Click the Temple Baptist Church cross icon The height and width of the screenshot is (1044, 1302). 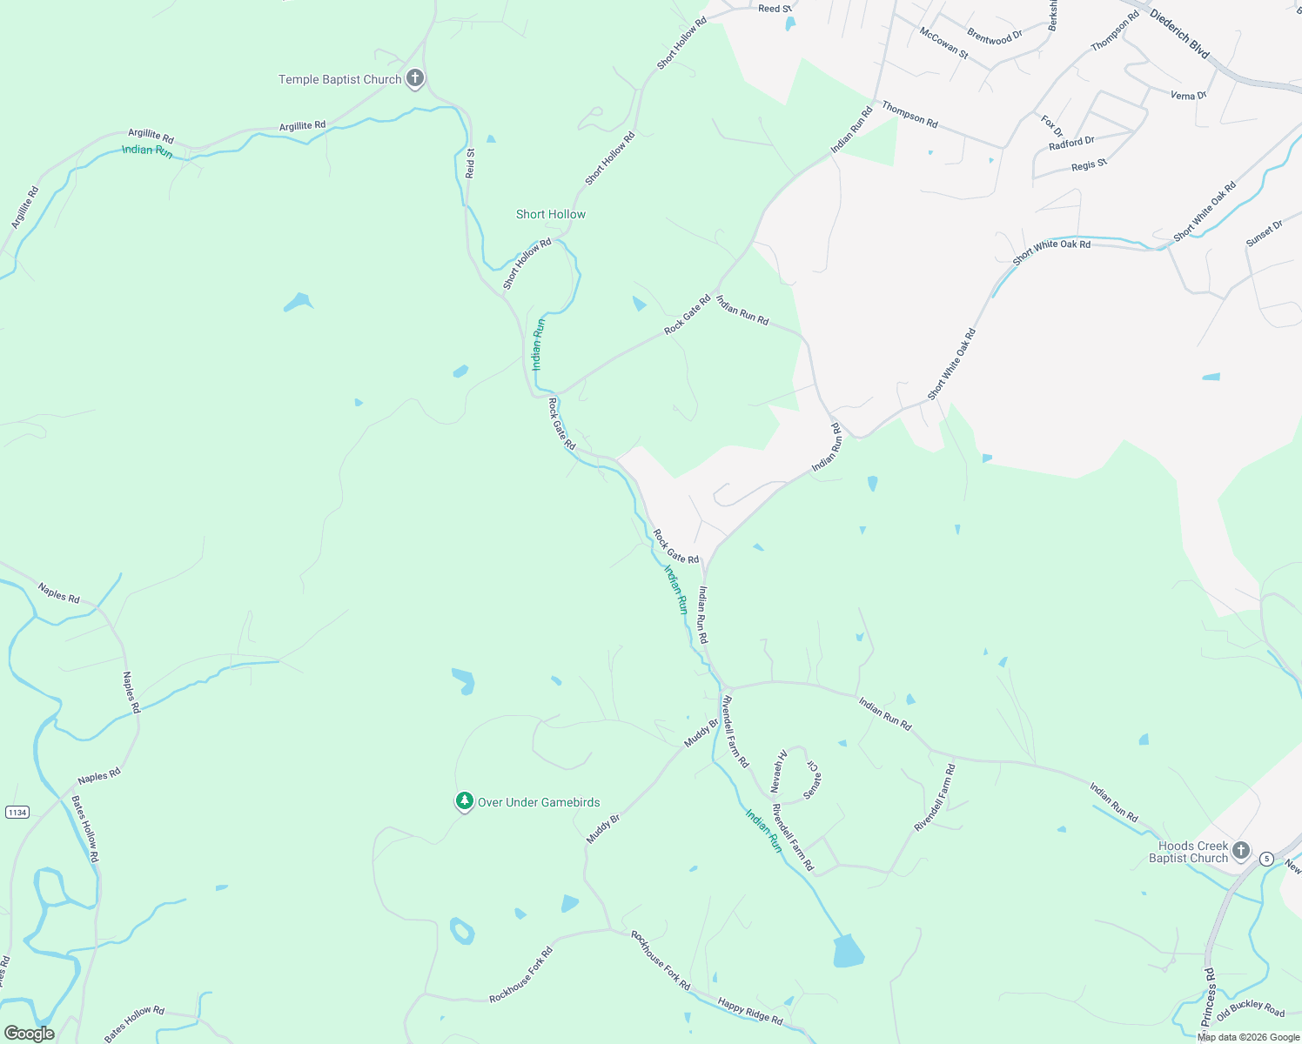click(415, 78)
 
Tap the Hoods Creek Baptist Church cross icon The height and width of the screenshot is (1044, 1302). click(1241, 850)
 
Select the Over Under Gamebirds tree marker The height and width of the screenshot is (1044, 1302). click(465, 801)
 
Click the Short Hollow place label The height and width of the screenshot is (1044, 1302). click(550, 214)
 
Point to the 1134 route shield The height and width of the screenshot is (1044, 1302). click(17, 812)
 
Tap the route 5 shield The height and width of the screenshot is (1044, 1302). click(1266, 859)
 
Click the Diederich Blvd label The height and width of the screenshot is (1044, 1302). click(1180, 34)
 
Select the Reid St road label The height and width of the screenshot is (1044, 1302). click(470, 164)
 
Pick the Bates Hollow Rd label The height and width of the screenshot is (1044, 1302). click(85, 829)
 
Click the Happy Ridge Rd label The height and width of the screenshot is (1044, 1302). click(750, 1011)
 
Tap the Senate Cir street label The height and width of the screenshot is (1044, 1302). click(811, 780)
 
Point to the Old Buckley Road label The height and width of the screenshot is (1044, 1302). click(1251, 1010)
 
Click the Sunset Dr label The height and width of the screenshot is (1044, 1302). click(1265, 233)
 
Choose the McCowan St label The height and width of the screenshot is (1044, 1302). click(943, 43)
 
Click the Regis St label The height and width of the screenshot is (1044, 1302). click(1089, 164)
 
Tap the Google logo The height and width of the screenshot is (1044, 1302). click(29, 1034)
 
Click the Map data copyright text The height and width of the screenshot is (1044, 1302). click(1248, 1037)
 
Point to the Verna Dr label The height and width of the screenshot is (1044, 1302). click(1188, 95)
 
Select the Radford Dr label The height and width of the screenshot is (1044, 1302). click(1071, 143)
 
